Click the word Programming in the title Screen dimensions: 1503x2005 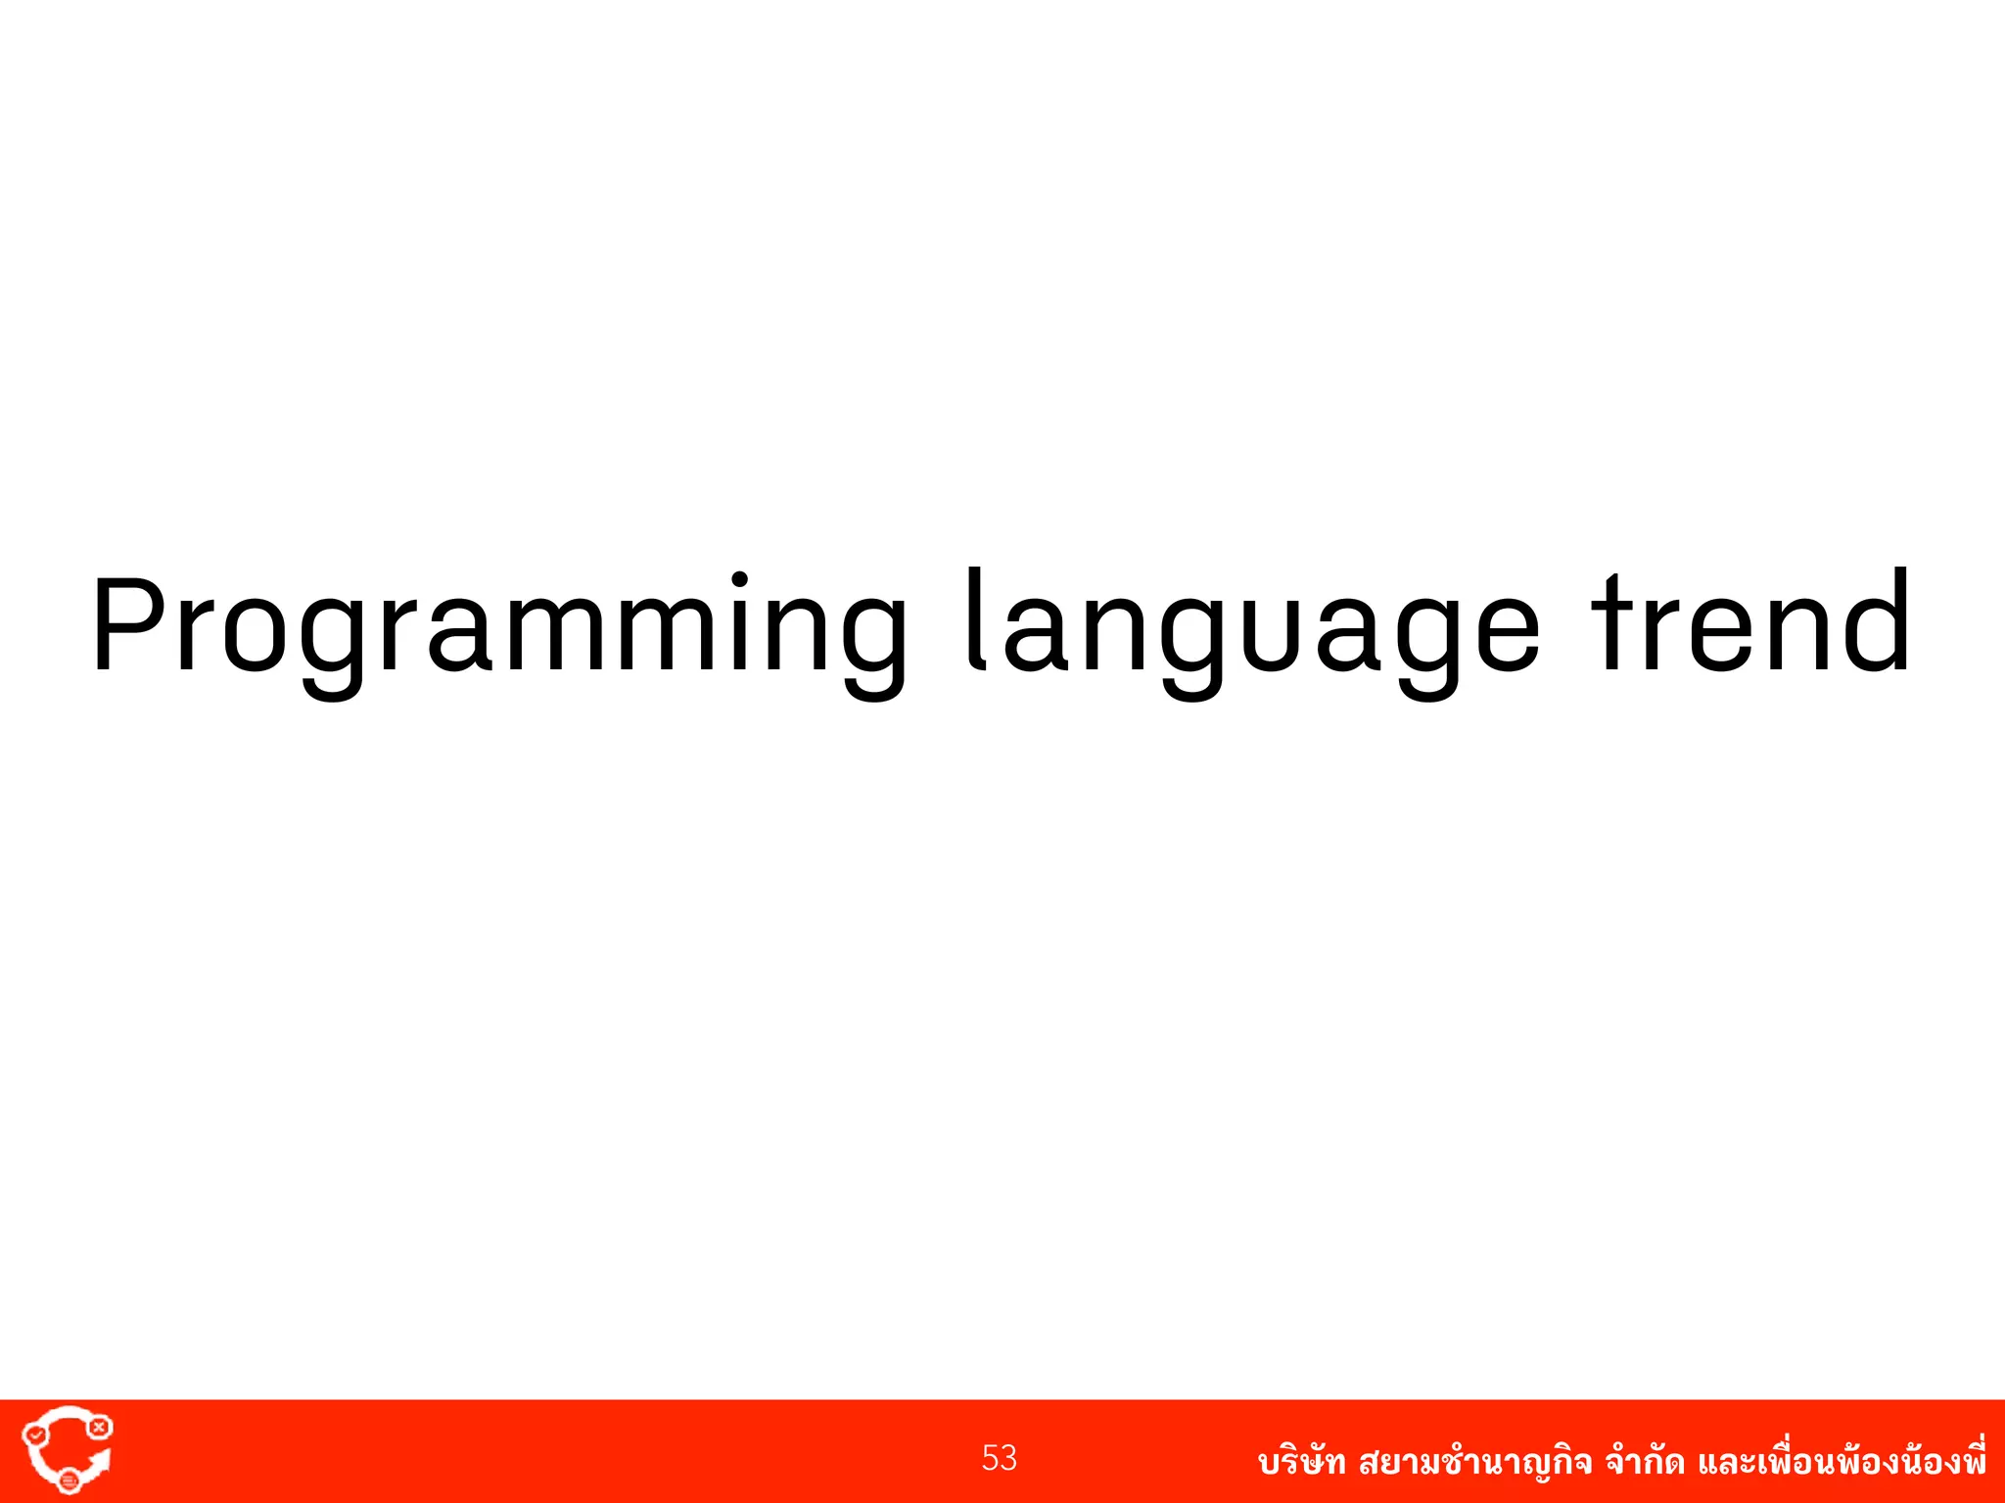click(x=499, y=626)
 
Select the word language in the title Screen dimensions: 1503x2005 click(x=1253, y=626)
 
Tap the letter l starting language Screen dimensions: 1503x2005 click(x=974, y=621)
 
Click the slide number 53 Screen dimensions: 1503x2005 click(x=1000, y=1458)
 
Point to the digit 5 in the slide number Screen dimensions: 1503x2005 click(x=990, y=1458)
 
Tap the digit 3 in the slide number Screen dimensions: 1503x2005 click(x=1009, y=1458)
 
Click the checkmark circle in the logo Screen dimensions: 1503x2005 click(x=35, y=1435)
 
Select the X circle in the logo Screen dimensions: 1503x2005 click(x=99, y=1428)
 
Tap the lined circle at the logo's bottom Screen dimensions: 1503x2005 click(x=70, y=1481)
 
